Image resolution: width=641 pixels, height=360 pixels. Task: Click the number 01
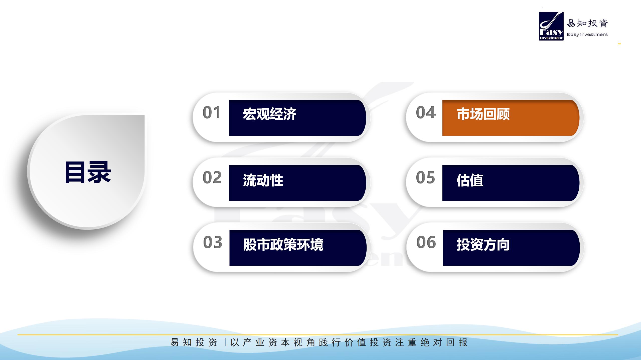[212, 112]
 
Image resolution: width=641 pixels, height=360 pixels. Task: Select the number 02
[212, 177]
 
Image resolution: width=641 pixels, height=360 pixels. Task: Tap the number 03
[213, 242]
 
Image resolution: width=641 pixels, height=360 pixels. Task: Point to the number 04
[426, 112]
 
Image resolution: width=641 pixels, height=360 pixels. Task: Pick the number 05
[425, 177]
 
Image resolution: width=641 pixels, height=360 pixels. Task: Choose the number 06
[426, 242]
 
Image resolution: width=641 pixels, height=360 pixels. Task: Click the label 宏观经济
[270, 114]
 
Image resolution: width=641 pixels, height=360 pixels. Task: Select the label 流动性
[263, 180]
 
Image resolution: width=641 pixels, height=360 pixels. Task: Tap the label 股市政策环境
[283, 244]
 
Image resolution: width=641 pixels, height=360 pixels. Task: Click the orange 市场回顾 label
[483, 114]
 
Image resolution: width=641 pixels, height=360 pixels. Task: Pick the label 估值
[470, 180]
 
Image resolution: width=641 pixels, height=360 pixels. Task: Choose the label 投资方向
[483, 244]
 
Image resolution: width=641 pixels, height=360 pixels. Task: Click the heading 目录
[88, 172]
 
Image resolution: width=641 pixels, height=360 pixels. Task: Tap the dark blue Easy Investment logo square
[551, 26]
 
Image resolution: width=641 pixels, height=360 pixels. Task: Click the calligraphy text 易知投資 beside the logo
[587, 23]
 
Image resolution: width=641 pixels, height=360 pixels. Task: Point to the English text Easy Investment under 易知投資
[587, 34]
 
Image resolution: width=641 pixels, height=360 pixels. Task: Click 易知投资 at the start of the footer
[194, 342]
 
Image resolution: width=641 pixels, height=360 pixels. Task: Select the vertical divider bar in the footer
[225, 342]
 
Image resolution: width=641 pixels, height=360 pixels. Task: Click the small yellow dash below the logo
[619, 44]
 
